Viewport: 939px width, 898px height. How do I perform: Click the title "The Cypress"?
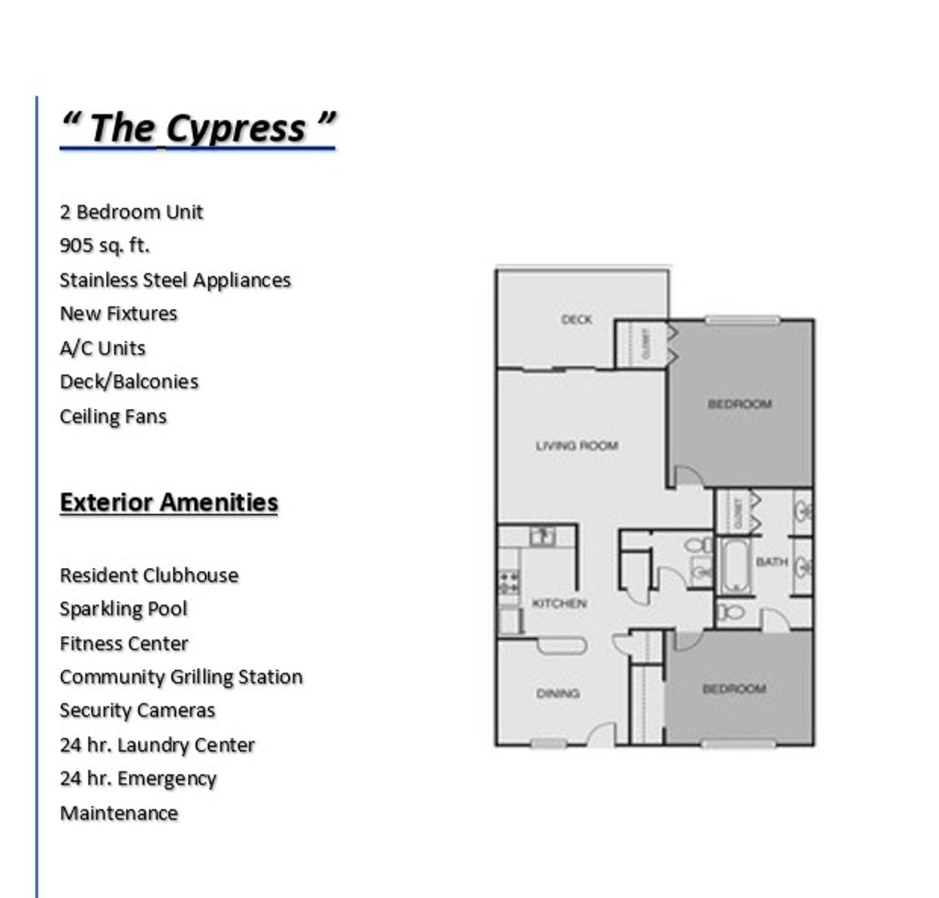point(197,127)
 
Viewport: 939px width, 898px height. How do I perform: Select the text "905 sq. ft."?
point(105,246)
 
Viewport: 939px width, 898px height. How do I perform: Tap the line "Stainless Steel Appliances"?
point(175,280)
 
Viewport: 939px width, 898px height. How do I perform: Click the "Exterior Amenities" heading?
point(169,502)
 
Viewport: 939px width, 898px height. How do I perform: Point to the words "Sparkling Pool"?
point(123,609)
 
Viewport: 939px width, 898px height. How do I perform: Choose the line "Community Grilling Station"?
point(180,677)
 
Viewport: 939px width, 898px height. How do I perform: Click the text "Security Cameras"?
point(137,711)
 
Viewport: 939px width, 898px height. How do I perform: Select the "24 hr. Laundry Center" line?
point(157,745)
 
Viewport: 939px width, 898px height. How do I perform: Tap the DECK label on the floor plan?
point(576,319)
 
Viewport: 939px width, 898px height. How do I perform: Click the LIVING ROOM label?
point(576,446)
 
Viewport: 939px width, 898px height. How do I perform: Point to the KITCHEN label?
point(559,604)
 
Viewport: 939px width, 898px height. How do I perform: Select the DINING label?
point(558,693)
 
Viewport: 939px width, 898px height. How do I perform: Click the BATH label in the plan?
point(771,562)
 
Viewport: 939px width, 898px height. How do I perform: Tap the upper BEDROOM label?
point(739,404)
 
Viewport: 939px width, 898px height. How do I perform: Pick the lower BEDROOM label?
point(734,689)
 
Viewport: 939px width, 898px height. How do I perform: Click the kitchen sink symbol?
point(542,536)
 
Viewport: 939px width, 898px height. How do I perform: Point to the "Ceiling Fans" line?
point(113,417)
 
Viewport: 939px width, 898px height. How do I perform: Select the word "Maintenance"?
point(119,813)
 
